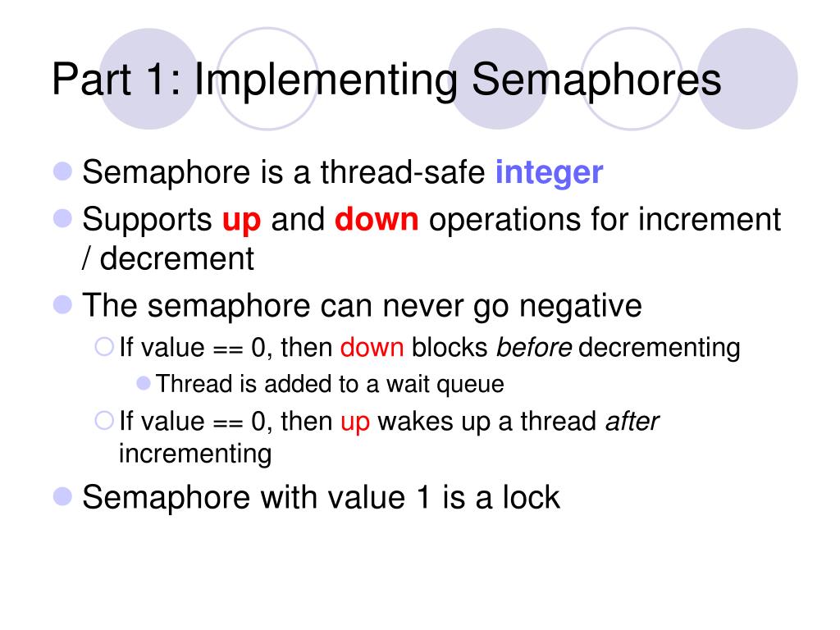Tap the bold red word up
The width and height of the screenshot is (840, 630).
[242, 221]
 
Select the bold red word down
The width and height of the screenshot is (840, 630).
[377, 219]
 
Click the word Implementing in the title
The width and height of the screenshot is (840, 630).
[326, 80]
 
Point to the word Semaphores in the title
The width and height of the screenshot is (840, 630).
[596, 79]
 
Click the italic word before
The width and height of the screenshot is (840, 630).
[534, 347]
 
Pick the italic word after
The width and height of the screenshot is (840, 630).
[632, 421]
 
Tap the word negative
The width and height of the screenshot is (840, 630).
[581, 307]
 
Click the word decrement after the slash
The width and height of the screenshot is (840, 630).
[177, 258]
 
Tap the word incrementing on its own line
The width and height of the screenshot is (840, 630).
[195, 454]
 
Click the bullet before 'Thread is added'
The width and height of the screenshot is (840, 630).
[144, 383]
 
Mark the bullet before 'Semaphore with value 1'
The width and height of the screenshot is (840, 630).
[62, 496]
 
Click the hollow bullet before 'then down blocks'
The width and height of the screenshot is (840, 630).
[104, 347]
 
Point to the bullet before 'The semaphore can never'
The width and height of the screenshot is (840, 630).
[62, 304]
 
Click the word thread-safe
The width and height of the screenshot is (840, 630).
[403, 172]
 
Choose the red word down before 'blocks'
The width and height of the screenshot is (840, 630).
[372, 347]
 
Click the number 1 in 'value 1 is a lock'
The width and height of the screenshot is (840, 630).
[424, 496]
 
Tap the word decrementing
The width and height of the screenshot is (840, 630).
[660, 348]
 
